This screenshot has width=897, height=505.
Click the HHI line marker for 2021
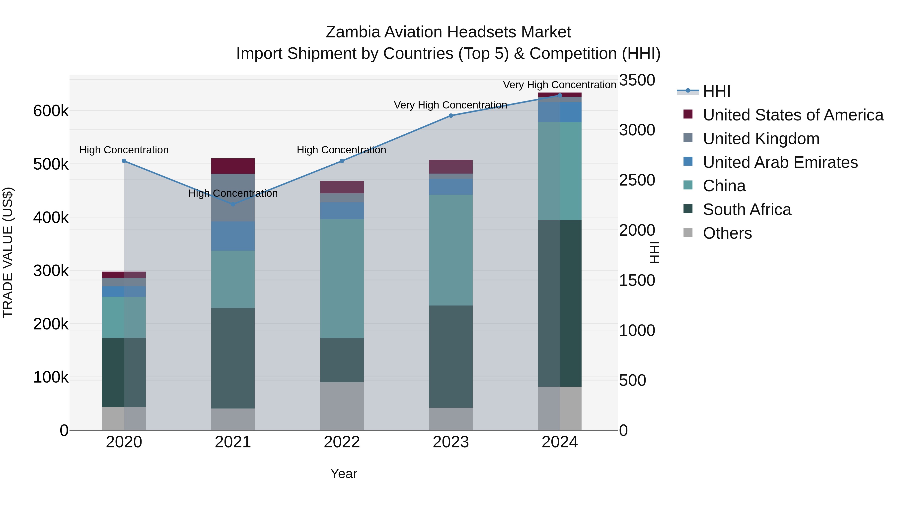[233, 204]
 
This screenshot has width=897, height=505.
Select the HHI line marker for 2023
[450, 115]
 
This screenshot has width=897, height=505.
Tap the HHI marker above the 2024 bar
[560, 95]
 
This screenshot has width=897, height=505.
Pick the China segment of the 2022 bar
[342, 279]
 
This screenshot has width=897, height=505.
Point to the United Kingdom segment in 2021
[233, 198]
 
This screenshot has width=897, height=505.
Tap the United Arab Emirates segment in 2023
[450, 187]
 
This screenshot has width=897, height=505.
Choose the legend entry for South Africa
[747, 209]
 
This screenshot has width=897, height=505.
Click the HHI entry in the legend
[716, 91]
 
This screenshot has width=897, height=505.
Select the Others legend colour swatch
[688, 232]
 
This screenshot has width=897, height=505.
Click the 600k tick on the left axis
[51, 111]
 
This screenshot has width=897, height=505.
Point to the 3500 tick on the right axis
[637, 80]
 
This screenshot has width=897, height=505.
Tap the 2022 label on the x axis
[342, 442]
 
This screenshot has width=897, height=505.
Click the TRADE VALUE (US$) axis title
[8, 252]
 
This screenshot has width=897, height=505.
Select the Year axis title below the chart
[343, 474]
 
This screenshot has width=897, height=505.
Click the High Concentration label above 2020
[124, 150]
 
